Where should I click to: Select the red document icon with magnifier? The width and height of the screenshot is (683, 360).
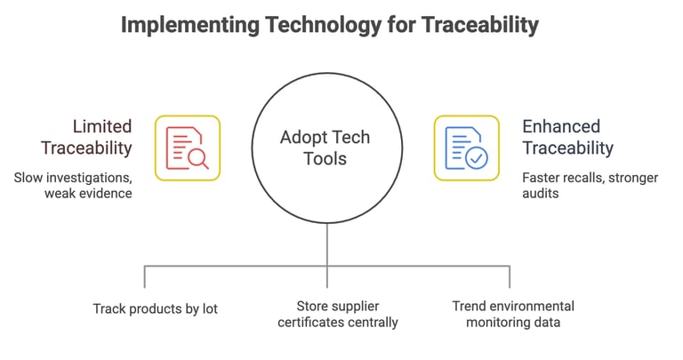tap(188, 148)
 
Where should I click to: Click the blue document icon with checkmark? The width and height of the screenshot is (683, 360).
tap(466, 148)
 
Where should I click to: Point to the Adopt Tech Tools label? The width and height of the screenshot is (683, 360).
tap(325, 148)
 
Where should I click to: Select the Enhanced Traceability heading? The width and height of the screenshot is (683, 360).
tap(567, 137)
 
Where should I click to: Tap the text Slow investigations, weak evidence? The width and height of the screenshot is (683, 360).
tap(73, 185)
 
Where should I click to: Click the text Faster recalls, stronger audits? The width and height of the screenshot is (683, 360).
tap(590, 185)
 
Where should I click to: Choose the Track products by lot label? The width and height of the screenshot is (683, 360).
tap(156, 308)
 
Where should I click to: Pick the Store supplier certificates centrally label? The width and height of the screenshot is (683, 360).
tap(337, 314)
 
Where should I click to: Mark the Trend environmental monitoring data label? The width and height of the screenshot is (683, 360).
tap(513, 314)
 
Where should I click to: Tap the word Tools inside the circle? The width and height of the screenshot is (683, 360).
tap(325, 160)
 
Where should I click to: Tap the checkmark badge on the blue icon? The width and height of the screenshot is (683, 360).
tap(477, 159)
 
